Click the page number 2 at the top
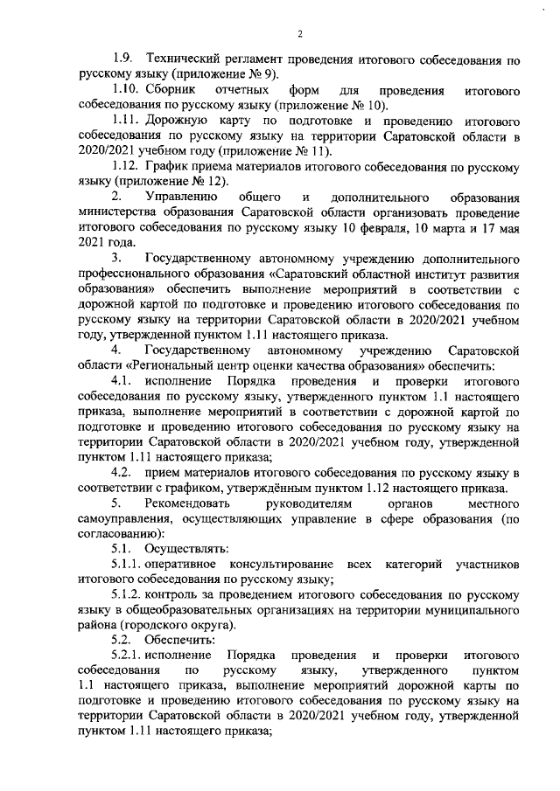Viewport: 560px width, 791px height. click(299, 35)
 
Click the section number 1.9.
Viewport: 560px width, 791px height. click(122, 58)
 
